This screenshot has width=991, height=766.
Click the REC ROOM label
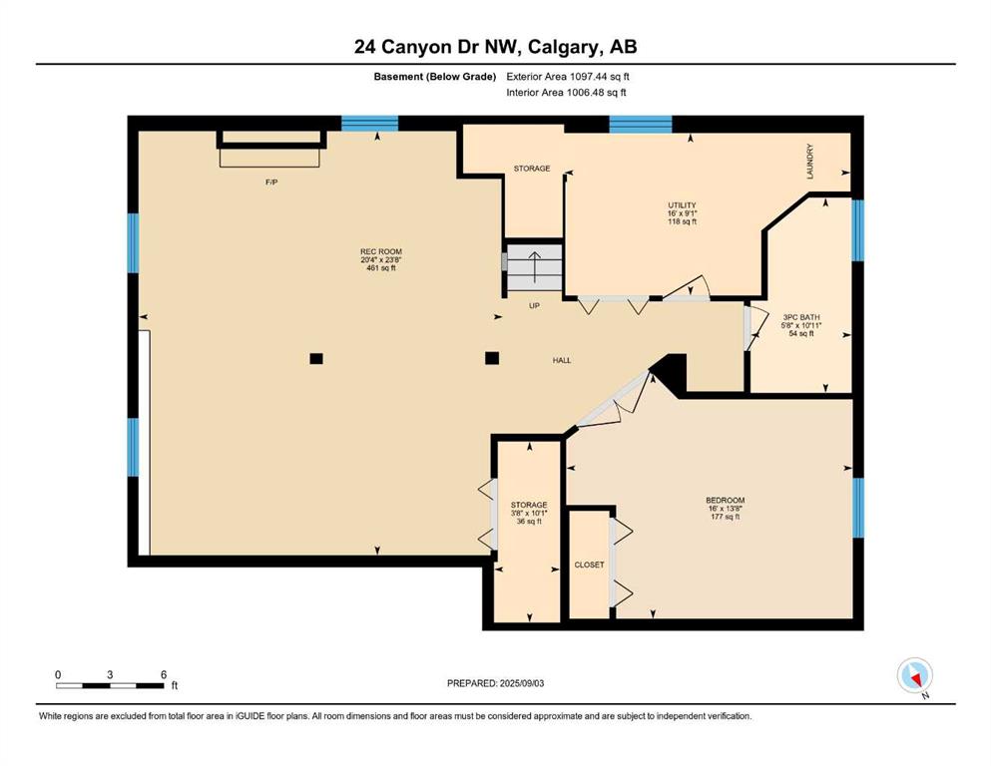click(x=381, y=251)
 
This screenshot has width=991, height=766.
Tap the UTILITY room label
click(x=682, y=205)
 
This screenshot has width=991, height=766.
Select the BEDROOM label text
click(x=725, y=500)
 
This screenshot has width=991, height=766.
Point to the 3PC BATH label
click(x=801, y=317)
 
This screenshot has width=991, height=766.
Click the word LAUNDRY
click(x=809, y=161)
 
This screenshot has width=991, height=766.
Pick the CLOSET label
click(x=589, y=565)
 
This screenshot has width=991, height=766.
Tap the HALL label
click(x=562, y=360)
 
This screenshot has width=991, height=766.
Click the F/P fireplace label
click(x=271, y=182)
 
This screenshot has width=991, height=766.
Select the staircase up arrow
click(x=535, y=264)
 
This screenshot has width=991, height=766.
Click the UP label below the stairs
click(x=534, y=305)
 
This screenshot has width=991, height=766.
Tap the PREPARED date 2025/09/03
click(x=495, y=683)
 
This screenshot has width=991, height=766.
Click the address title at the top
click(x=495, y=47)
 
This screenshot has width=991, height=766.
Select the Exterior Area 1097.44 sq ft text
click(x=568, y=77)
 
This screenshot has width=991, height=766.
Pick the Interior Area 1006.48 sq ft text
click(x=566, y=92)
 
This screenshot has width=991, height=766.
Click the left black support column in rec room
click(x=316, y=359)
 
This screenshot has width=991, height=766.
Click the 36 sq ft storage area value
click(x=529, y=522)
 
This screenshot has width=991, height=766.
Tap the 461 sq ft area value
click(x=381, y=267)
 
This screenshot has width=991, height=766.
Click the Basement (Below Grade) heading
click(x=435, y=77)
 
